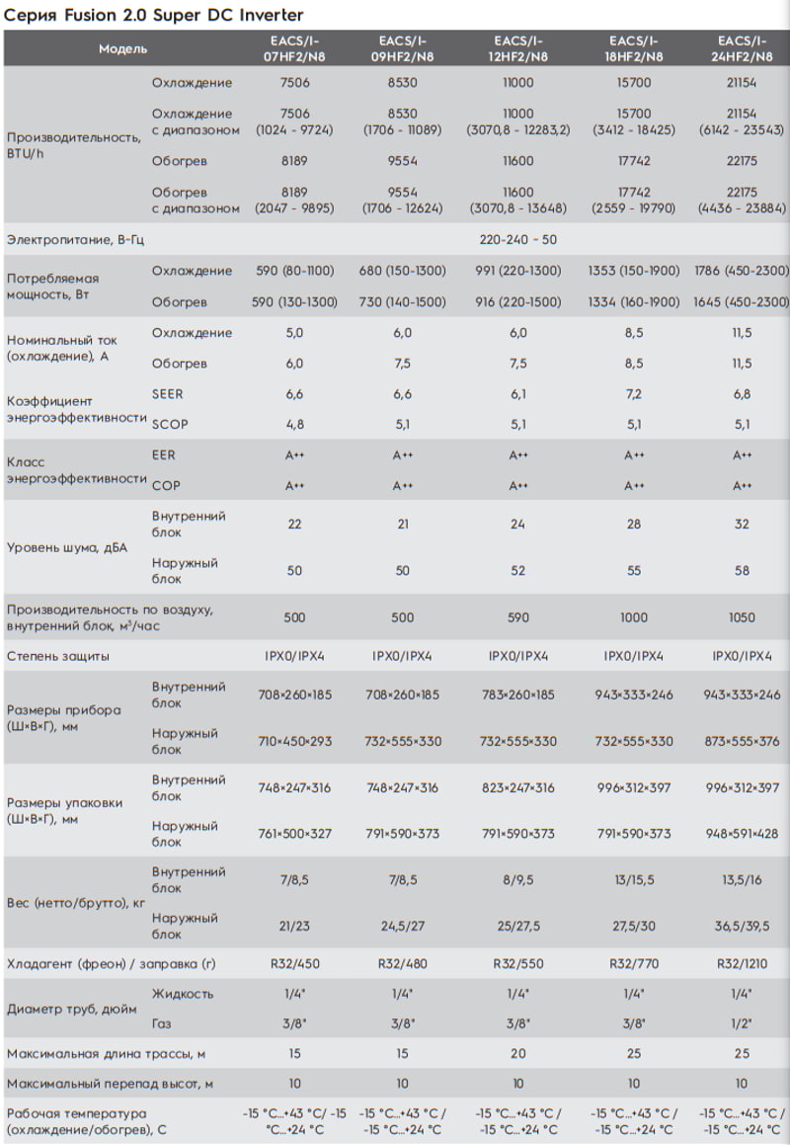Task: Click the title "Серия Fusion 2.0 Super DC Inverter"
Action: click(153, 15)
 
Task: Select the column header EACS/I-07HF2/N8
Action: click(294, 48)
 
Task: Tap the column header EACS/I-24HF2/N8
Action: click(742, 48)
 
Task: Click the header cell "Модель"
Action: click(122, 49)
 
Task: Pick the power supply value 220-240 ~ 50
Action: click(517, 239)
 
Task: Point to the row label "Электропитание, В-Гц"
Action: click(75, 239)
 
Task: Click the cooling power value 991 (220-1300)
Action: click(517, 271)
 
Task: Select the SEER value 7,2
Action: click(633, 394)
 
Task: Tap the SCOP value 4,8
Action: click(294, 424)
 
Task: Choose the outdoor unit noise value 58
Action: click(742, 570)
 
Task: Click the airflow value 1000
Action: click(633, 617)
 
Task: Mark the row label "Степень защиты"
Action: click(57, 656)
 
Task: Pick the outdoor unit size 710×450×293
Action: click(294, 741)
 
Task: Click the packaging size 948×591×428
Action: click(742, 833)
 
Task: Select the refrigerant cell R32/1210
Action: click(742, 964)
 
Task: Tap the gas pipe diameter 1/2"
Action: click(742, 1023)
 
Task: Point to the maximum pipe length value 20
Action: click(517, 1054)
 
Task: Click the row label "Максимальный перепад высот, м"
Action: click(110, 1084)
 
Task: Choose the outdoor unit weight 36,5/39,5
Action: click(742, 926)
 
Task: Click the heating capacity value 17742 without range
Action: click(633, 161)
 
